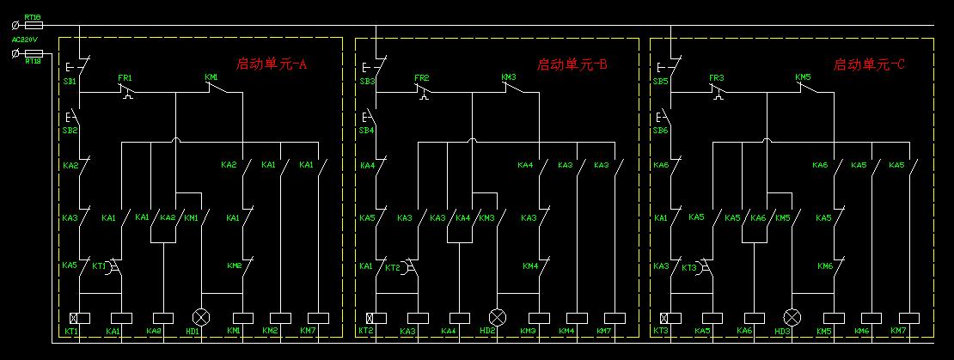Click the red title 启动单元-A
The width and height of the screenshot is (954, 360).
coord(272,64)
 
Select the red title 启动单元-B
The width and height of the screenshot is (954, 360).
coord(572,64)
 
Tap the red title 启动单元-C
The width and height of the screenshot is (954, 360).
coord(869,64)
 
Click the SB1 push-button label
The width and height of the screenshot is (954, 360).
coord(70,82)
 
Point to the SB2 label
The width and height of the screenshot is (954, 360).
coord(70,131)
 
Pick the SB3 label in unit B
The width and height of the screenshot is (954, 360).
coord(367,82)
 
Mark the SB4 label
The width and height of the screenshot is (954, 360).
coord(367,131)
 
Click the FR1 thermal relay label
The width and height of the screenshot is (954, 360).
coord(125,77)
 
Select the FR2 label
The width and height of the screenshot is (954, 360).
coord(421,77)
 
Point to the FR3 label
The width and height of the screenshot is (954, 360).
coord(716,77)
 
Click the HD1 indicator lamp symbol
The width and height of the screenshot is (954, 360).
coord(201,317)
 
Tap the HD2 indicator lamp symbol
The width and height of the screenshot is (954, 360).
coord(498,317)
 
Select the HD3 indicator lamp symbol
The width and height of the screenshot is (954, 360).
coord(792,317)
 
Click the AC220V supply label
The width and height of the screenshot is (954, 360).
coord(24,40)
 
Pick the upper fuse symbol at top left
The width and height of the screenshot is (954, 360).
coord(34,26)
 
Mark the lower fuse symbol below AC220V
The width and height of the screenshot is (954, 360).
coord(34,52)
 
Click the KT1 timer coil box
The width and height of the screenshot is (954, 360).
coord(74,317)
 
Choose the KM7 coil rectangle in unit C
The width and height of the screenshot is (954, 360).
coord(898,317)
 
